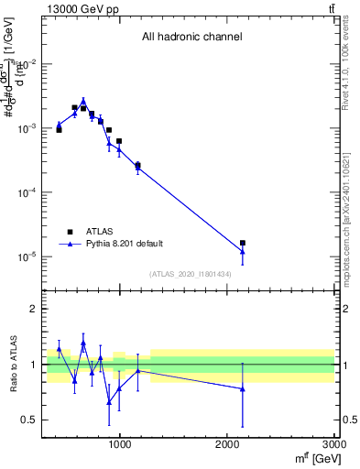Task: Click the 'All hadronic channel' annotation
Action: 191,37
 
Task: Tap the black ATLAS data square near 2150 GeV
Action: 243,244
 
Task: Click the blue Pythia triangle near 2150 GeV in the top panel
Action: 243,252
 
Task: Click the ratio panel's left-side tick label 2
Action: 35,309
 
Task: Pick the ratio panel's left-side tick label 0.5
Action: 31,420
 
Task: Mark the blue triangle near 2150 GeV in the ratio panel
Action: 243,388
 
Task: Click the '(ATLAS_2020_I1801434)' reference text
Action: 191,275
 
